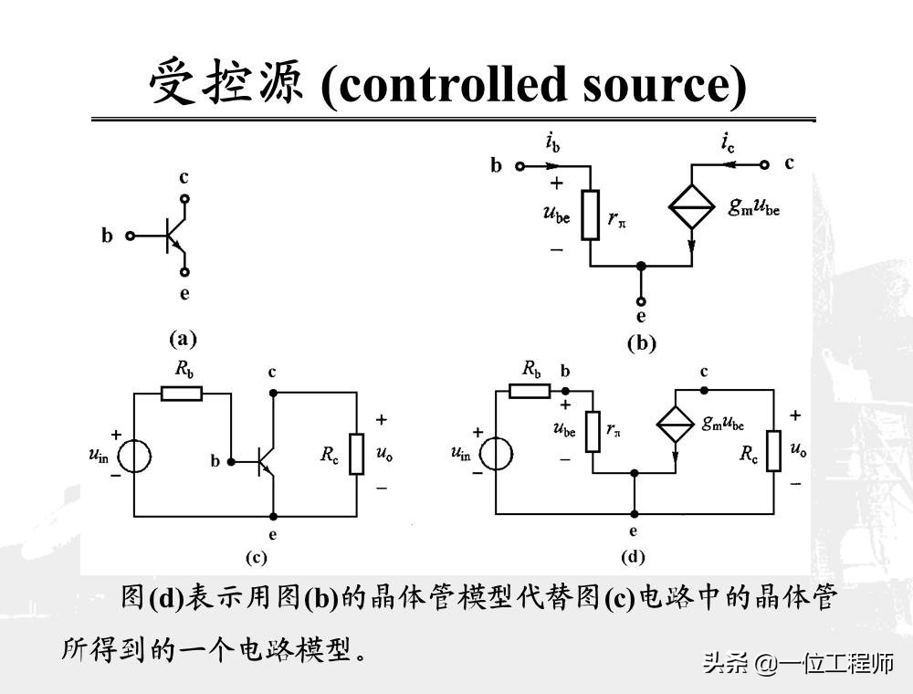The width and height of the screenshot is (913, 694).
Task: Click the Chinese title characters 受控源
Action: pos(230,84)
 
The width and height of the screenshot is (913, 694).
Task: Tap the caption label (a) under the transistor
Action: pos(183,339)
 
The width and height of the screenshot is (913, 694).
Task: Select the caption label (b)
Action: pos(641,343)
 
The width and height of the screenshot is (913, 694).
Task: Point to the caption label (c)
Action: pos(256,555)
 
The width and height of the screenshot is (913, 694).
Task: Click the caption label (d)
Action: pos(633,555)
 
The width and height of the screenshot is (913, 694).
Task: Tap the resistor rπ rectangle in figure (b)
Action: pos(591,215)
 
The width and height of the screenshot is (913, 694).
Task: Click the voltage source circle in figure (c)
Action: pos(135,454)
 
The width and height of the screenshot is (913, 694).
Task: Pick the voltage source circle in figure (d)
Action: pos(496,453)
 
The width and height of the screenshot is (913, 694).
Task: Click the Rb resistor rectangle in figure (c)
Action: pos(182,393)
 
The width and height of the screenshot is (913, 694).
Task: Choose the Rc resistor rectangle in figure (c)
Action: pos(355,454)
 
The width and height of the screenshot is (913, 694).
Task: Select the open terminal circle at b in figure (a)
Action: pos(130,236)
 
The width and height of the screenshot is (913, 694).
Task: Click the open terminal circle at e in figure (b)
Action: pos(641,301)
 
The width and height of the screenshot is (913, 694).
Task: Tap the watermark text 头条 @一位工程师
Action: pos(798,664)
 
